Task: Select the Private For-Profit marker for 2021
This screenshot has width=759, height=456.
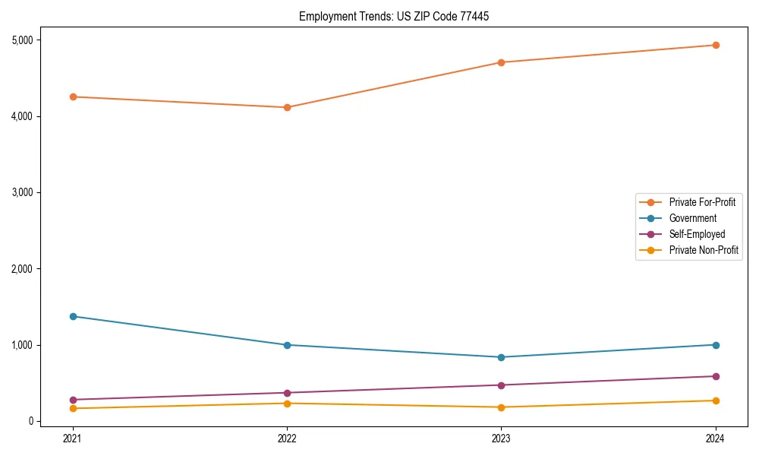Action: (x=73, y=97)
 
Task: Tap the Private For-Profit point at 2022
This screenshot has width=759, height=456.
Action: (x=287, y=107)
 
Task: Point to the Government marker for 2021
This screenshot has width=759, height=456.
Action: (x=73, y=316)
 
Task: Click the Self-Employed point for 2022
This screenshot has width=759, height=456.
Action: (x=287, y=393)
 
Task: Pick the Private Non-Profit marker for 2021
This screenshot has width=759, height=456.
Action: (x=73, y=408)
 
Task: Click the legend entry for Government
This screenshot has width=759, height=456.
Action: (x=692, y=218)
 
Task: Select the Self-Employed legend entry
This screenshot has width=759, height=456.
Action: (x=697, y=234)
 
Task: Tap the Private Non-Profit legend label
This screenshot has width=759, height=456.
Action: (x=704, y=250)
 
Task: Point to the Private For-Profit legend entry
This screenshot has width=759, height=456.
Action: (x=702, y=202)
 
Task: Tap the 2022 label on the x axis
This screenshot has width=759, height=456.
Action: (x=287, y=438)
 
